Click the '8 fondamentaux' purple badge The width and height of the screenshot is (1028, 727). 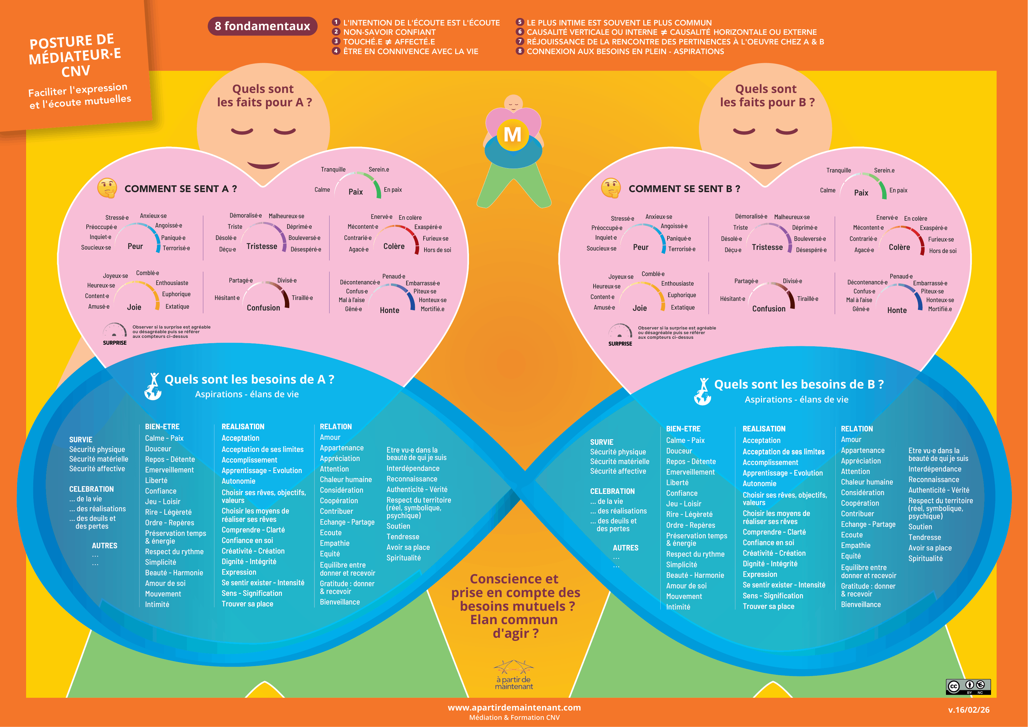point(262,26)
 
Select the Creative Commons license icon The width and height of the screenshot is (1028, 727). point(968,687)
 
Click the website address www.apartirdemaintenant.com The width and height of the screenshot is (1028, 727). point(514,708)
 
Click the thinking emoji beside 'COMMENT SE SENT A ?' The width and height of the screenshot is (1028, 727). point(107,188)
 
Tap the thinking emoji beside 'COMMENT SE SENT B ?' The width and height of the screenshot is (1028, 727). point(611,188)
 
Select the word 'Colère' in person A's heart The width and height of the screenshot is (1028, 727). point(394,246)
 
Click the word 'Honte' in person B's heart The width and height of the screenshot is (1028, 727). point(897,311)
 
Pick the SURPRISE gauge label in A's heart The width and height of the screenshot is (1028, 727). point(115,343)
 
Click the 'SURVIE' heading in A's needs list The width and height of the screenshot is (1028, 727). point(80,440)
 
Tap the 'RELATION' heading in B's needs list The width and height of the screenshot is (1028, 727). point(856,429)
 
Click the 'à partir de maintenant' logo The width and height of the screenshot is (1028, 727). point(514,674)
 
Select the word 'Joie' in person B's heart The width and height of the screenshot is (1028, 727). point(639,308)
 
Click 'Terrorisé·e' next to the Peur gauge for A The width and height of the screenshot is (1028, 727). point(176,248)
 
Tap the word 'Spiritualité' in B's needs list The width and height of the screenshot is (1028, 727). point(925,559)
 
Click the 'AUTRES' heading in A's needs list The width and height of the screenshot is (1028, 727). point(104,545)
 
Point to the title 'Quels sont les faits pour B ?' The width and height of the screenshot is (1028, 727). point(767,95)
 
